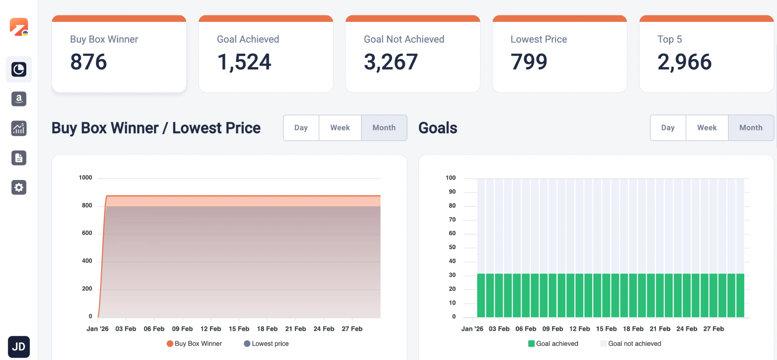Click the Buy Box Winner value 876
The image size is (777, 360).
point(89,62)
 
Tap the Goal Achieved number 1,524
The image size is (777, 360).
point(244,62)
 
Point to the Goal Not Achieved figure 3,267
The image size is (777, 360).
point(391,62)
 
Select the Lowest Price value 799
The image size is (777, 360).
point(529,62)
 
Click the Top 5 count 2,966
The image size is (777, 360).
point(684,62)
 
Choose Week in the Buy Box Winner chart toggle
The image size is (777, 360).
point(340,128)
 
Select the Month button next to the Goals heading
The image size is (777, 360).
point(751,128)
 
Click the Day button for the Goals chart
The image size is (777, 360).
point(668,128)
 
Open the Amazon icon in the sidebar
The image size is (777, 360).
point(19,99)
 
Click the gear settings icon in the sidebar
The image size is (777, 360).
point(19,187)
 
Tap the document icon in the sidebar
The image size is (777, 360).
point(19,158)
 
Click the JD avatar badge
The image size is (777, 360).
point(19,347)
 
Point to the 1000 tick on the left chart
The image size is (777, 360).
point(85,178)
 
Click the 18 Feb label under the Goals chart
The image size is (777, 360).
point(633,329)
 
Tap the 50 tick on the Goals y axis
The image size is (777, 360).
point(452,247)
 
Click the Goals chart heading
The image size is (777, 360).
point(438,128)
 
